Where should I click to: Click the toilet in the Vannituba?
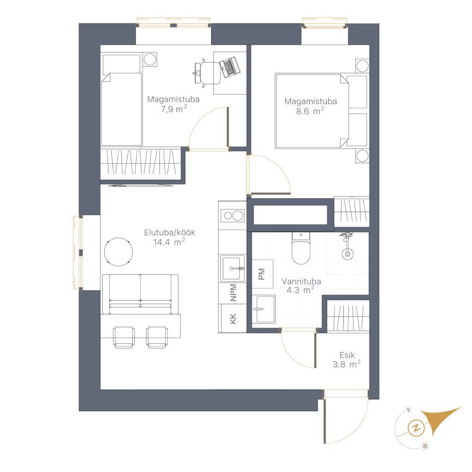[301, 248]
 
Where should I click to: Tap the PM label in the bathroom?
[262, 274]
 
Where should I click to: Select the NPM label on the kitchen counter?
[233, 293]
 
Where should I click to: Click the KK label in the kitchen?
[233, 319]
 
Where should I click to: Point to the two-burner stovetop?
[232, 216]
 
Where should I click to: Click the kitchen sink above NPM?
[232, 268]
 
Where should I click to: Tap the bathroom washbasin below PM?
[263, 309]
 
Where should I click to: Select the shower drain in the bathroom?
[348, 254]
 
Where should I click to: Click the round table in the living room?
[118, 252]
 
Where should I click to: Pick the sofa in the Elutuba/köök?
[140, 294]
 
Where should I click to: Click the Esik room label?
[347, 355]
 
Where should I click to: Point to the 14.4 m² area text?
[169, 242]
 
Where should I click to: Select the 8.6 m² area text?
[310, 111]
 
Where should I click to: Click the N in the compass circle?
[416, 428]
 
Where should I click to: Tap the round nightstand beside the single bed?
[150, 59]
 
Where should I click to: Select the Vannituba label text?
[301, 282]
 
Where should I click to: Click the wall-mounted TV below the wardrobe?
[140, 186]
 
